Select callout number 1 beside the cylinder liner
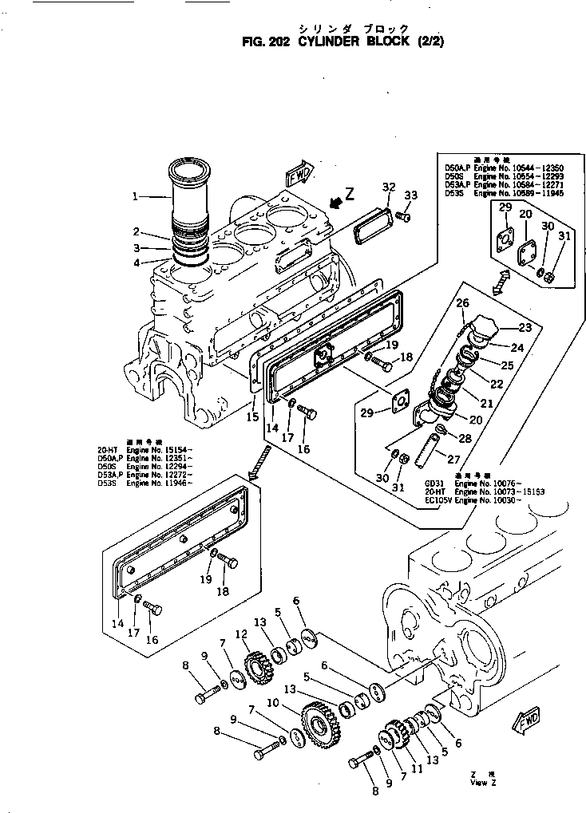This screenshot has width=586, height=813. click(x=136, y=195)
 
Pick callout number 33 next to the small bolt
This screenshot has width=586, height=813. click(x=410, y=195)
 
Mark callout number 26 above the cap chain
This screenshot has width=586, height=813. click(x=461, y=302)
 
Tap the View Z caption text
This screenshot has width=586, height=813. click(x=478, y=783)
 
